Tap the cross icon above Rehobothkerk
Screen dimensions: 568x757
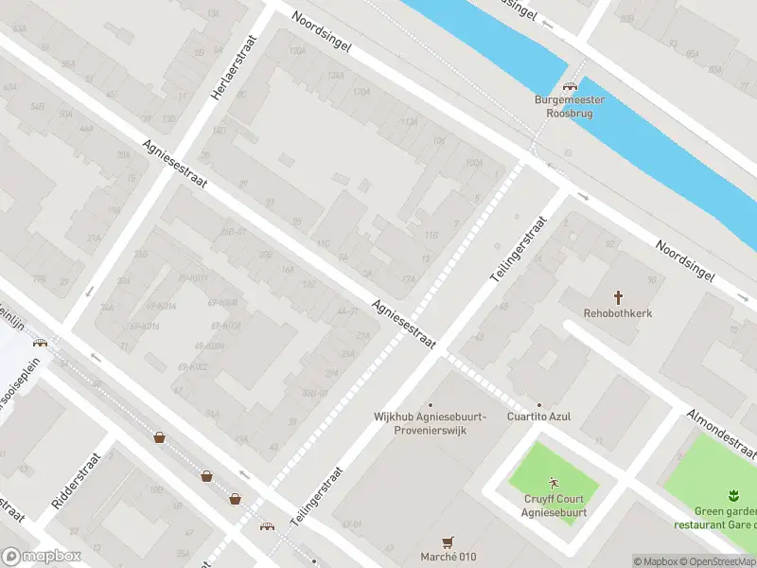coord(620,296)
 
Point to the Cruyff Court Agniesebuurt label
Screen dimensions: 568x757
coord(555,506)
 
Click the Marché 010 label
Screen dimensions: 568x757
coord(448,556)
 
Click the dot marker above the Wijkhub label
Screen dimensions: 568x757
coord(431,404)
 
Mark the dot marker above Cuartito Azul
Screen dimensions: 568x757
coord(539,404)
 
